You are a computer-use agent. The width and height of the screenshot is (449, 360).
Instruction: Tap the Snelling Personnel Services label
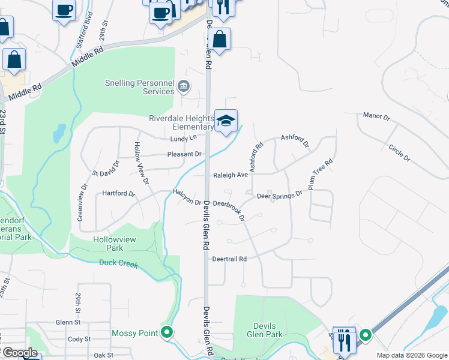(139, 87)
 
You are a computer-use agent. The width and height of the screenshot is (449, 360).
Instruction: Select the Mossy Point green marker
(167, 332)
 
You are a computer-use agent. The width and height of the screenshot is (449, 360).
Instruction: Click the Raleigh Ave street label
(230, 175)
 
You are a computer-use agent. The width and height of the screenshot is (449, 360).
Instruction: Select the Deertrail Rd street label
(229, 259)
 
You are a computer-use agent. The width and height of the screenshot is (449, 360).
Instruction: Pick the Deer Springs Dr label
(279, 196)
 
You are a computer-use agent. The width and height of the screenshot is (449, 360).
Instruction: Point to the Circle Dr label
(399, 153)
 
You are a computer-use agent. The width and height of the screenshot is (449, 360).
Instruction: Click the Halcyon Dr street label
(187, 197)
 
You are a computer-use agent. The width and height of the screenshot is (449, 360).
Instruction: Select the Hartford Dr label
(119, 193)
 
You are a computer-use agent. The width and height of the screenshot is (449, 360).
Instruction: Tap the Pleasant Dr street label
(184, 154)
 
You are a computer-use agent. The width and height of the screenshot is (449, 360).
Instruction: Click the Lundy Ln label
(183, 139)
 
